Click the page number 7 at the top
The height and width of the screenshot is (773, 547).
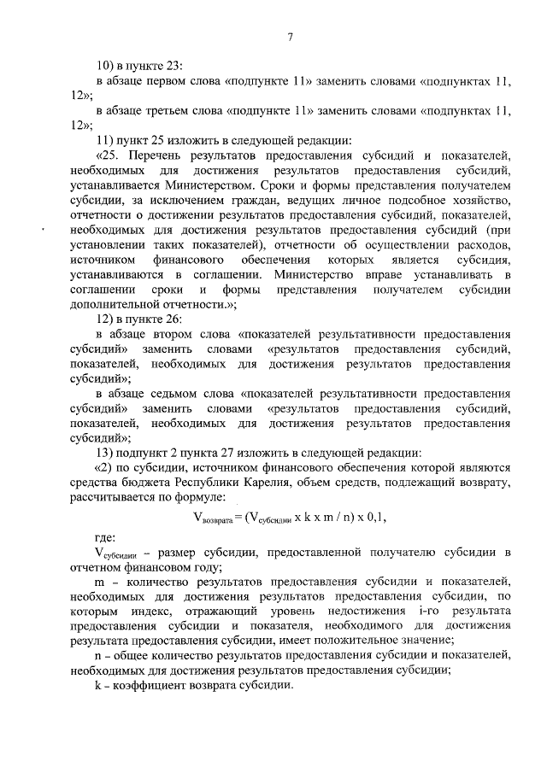(291, 36)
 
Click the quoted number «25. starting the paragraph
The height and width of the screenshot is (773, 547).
(109, 155)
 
